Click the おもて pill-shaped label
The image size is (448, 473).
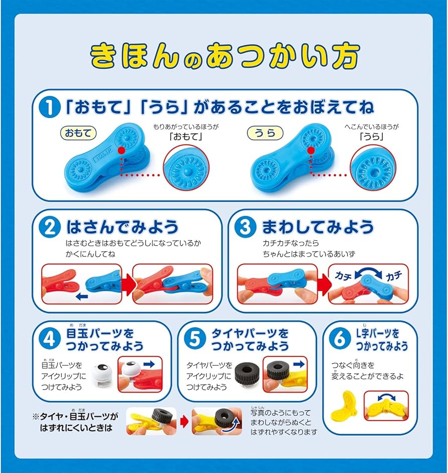click(x=78, y=133)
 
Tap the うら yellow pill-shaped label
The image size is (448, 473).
click(x=265, y=133)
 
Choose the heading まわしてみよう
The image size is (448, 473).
click(x=317, y=227)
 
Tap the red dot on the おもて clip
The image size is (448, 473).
click(x=122, y=150)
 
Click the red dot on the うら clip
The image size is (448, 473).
click(x=311, y=150)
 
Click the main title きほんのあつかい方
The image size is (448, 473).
click(x=223, y=56)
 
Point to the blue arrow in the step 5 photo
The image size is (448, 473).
click(x=299, y=363)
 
